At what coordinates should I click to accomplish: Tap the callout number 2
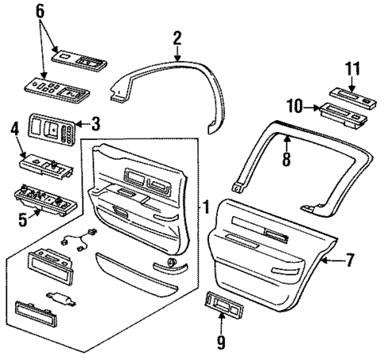177,36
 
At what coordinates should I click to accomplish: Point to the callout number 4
14,127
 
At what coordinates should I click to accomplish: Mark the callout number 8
286,159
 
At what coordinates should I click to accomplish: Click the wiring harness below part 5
77,237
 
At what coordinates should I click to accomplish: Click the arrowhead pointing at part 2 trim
177,57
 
